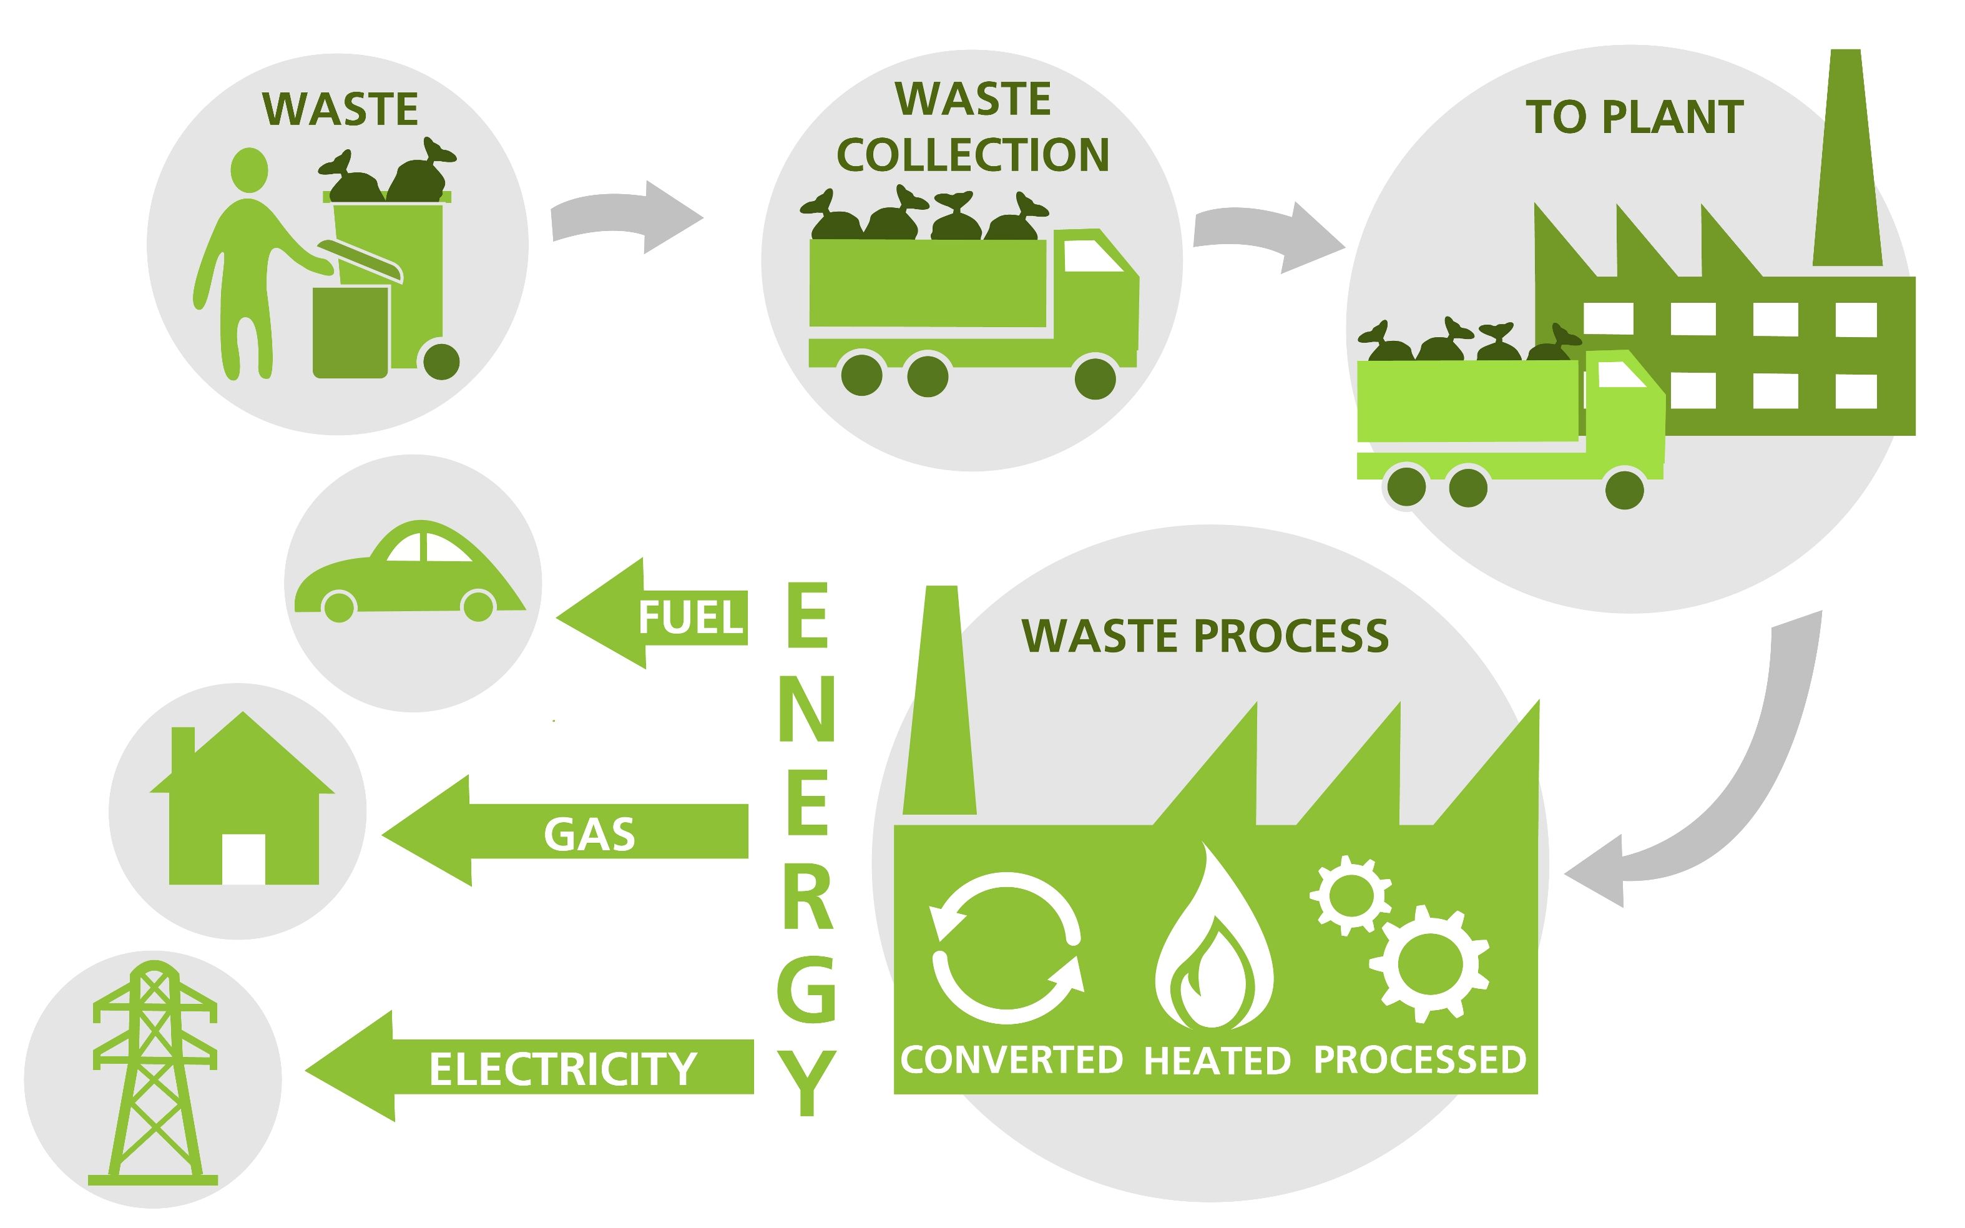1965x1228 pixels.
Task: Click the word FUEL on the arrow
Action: pyautogui.click(x=690, y=617)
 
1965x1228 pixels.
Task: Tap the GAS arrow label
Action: pyautogui.click(x=589, y=834)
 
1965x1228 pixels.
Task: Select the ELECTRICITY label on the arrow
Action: pyautogui.click(x=562, y=1068)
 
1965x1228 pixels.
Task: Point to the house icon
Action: pyautogui.click(x=242, y=804)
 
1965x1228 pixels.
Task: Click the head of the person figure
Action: pyautogui.click(x=248, y=170)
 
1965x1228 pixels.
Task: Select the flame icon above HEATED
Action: pyautogui.click(x=1214, y=942)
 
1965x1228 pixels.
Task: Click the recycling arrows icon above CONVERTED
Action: pyautogui.click(x=1007, y=948)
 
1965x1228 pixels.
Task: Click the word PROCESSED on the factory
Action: pyautogui.click(x=1419, y=1060)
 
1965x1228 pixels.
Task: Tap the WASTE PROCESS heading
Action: pyautogui.click(x=1205, y=636)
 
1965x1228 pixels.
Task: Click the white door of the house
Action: pyautogui.click(x=243, y=858)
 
